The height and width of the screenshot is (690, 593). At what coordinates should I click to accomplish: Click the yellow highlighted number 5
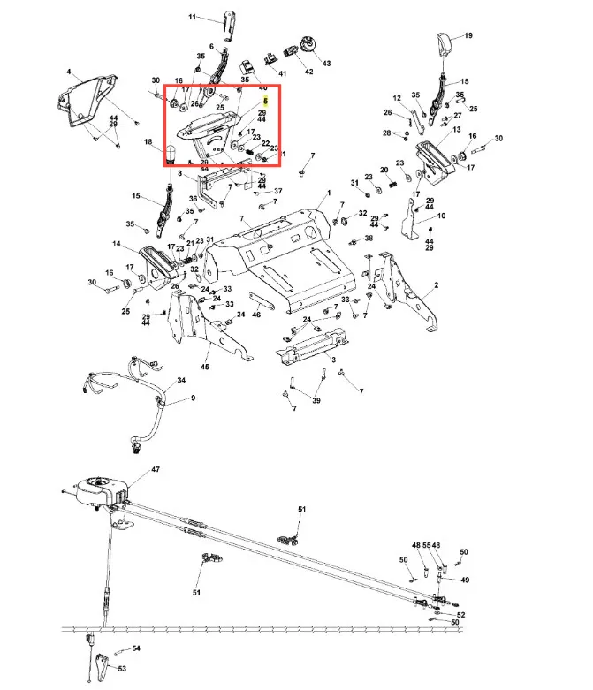[x=264, y=102]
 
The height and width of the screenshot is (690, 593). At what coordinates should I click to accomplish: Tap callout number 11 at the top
[x=194, y=17]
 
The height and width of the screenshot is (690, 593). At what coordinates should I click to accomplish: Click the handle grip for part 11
[x=232, y=27]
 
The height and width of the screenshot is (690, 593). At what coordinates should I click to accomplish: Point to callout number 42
[x=309, y=72]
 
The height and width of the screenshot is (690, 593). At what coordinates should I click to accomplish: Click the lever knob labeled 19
[x=445, y=42]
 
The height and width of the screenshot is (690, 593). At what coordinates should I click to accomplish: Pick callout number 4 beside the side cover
[x=68, y=71]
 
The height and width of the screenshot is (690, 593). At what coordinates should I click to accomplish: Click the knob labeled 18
[x=172, y=156]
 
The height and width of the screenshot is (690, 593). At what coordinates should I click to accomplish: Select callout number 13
[x=457, y=129]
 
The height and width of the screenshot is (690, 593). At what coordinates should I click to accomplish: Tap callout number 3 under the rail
[x=333, y=360]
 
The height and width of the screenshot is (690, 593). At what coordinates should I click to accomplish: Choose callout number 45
[x=205, y=367]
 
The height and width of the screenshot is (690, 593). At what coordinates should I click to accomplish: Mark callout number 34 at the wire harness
[x=181, y=380]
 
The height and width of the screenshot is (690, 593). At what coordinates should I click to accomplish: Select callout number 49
[x=466, y=580]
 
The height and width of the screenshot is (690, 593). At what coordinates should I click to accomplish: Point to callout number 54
[x=136, y=648]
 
